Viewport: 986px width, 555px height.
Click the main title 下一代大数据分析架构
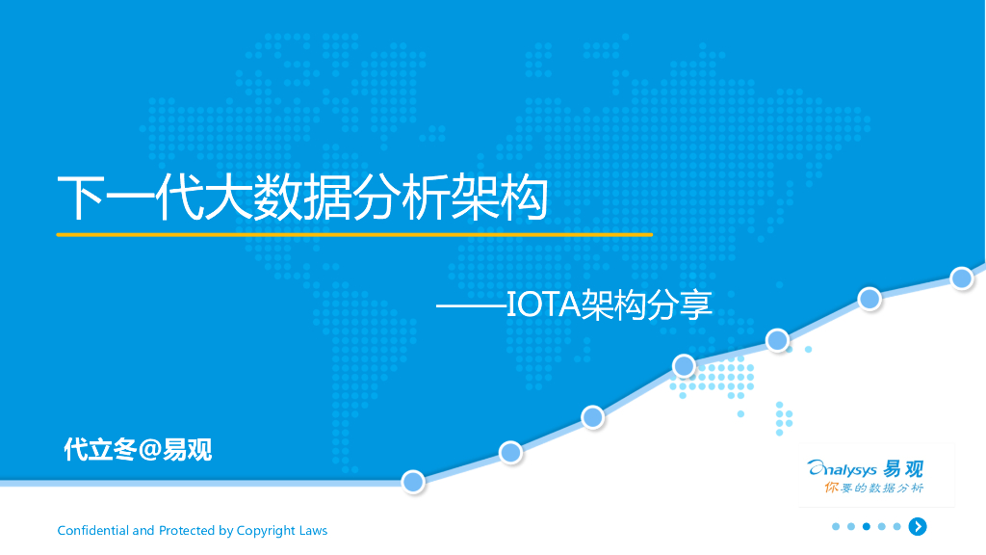tap(302, 198)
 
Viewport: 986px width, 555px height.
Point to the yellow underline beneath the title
tap(354, 234)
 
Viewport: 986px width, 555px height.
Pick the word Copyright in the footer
tap(266, 531)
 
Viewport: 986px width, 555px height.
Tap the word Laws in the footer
tap(313, 531)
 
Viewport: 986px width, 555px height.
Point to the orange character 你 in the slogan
tap(833, 489)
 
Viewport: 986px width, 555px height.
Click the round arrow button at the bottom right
tap(919, 526)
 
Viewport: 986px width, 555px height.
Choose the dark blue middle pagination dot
tap(867, 526)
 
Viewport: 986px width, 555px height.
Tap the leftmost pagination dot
tap(836, 526)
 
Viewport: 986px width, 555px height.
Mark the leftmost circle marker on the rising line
tap(413, 482)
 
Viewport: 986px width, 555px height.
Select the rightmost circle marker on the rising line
tap(961, 277)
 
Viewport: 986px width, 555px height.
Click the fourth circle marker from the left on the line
tap(684, 365)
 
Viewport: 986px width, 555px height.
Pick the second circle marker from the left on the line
tap(510, 452)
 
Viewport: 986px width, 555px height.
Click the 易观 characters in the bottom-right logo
tap(904, 469)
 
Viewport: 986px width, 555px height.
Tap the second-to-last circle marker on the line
tap(869, 299)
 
